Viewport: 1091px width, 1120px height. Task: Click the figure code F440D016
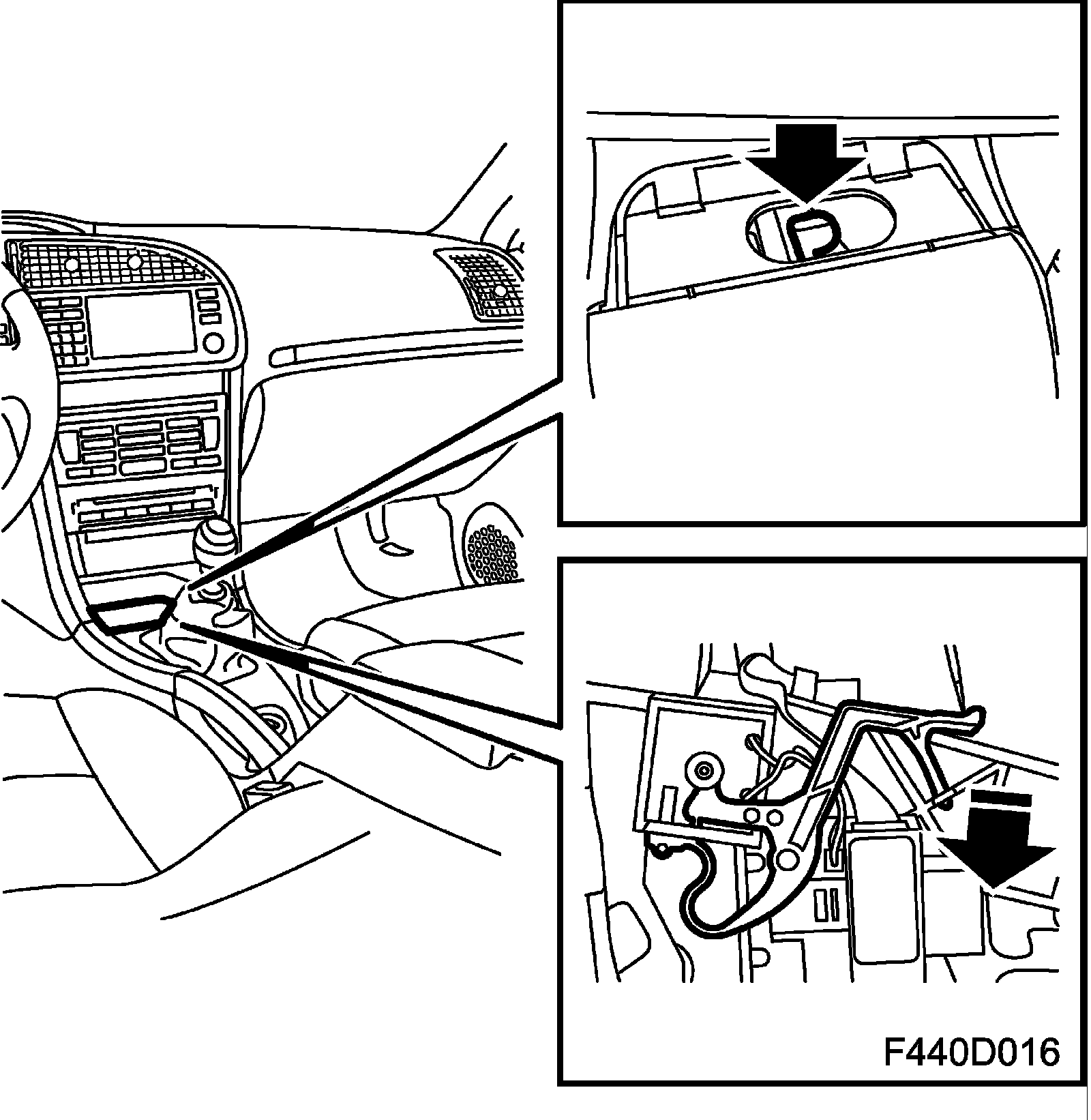(972, 1052)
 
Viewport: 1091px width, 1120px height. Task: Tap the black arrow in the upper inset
(807, 164)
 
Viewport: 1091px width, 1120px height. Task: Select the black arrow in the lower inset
(996, 842)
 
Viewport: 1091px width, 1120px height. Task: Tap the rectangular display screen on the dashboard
(141, 326)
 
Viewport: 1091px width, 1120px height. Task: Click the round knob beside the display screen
(213, 342)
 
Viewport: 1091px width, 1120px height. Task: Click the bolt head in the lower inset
(703, 770)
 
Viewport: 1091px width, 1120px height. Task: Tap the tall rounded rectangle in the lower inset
(885, 900)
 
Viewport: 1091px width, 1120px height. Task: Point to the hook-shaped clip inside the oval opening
(811, 232)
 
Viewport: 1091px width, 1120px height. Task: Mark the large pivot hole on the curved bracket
(788, 859)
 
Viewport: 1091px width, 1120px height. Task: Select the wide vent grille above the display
(109, 263)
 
